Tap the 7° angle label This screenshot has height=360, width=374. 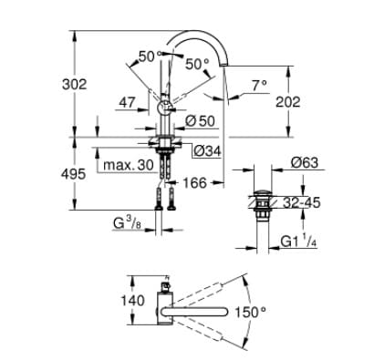(260, 86)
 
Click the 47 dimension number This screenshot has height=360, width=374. (127, 105)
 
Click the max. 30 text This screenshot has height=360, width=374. (127, 166)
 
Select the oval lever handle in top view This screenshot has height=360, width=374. (196, 314)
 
